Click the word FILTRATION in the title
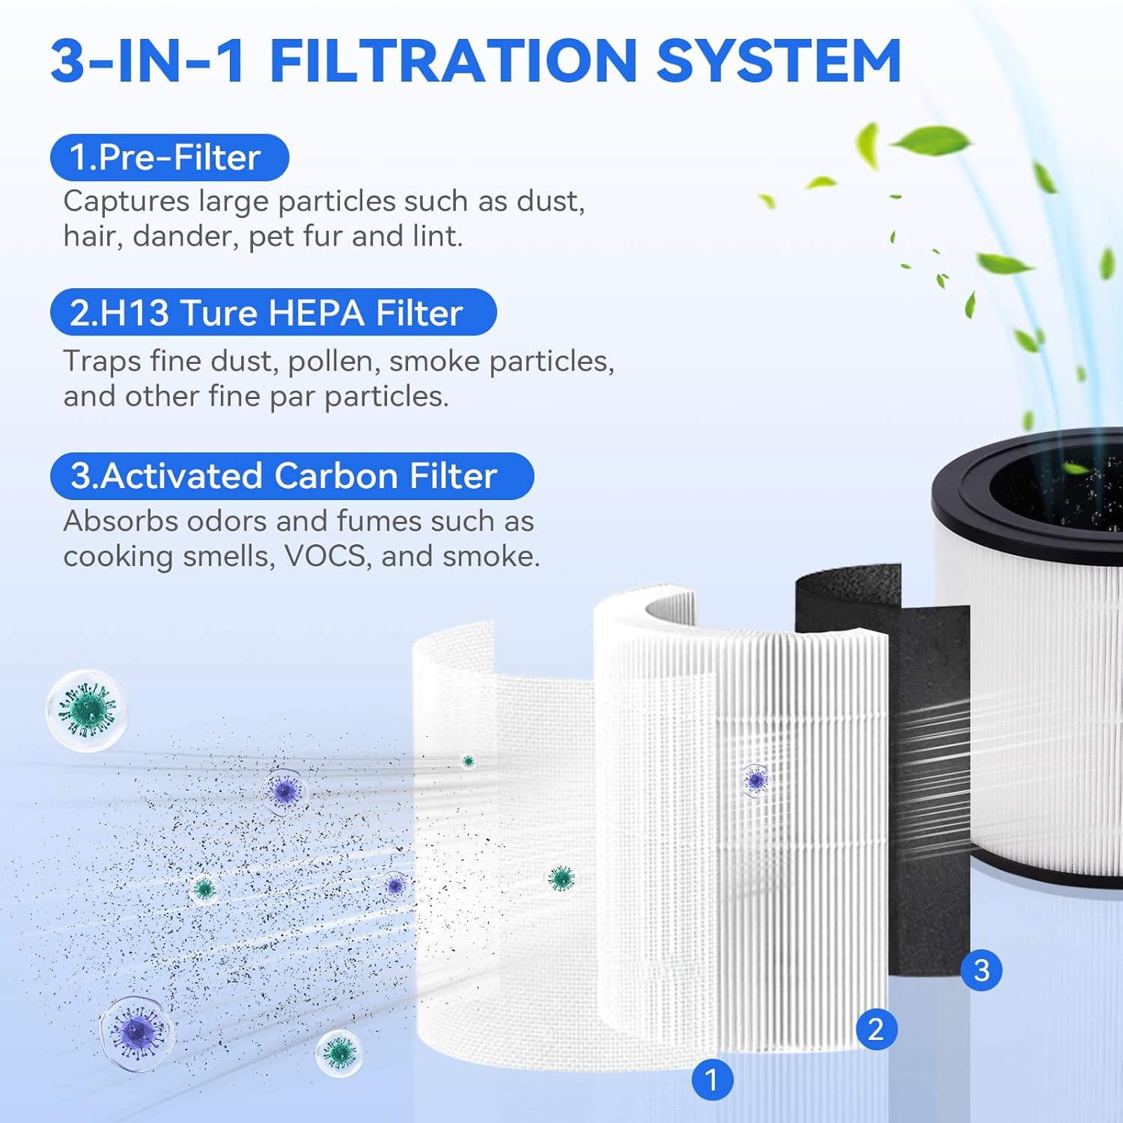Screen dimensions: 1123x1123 [452, 61]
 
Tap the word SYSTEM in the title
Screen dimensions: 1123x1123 [779, 61]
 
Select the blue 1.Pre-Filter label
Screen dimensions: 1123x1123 [169, 157]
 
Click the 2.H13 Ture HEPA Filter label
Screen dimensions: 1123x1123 [273, 312]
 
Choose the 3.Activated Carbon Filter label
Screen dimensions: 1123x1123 [292, 476]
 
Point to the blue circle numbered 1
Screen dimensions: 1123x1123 [712, 1080]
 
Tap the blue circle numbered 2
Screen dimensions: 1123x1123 [876, 1029]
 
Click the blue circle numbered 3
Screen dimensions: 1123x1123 [982, 970]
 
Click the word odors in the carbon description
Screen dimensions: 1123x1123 [228, 521]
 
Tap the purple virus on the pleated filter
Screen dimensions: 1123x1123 [755, 780]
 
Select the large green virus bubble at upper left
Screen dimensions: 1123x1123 [87, 710]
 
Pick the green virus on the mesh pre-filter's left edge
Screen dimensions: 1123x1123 [561, 878]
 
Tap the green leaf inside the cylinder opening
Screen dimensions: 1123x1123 [1075, 469]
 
